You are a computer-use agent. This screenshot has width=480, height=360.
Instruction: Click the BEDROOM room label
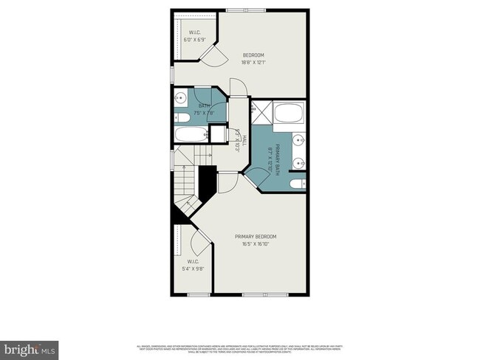click(253, 55)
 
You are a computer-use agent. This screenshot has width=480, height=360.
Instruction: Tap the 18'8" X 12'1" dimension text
click(253, 63)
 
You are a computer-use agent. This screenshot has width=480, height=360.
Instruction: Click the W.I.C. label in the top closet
click(194, 32)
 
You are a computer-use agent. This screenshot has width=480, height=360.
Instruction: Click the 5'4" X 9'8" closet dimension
click(193, 269)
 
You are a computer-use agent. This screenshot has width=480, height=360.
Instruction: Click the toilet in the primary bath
click(298, 184)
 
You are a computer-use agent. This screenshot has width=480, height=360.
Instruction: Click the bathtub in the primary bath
click(289, 114)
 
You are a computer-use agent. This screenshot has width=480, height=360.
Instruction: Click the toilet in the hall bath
click(181, 117)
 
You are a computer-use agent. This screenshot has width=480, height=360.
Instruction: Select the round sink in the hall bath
click(180, 97)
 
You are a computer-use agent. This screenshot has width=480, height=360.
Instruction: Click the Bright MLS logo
click(30, 347)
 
